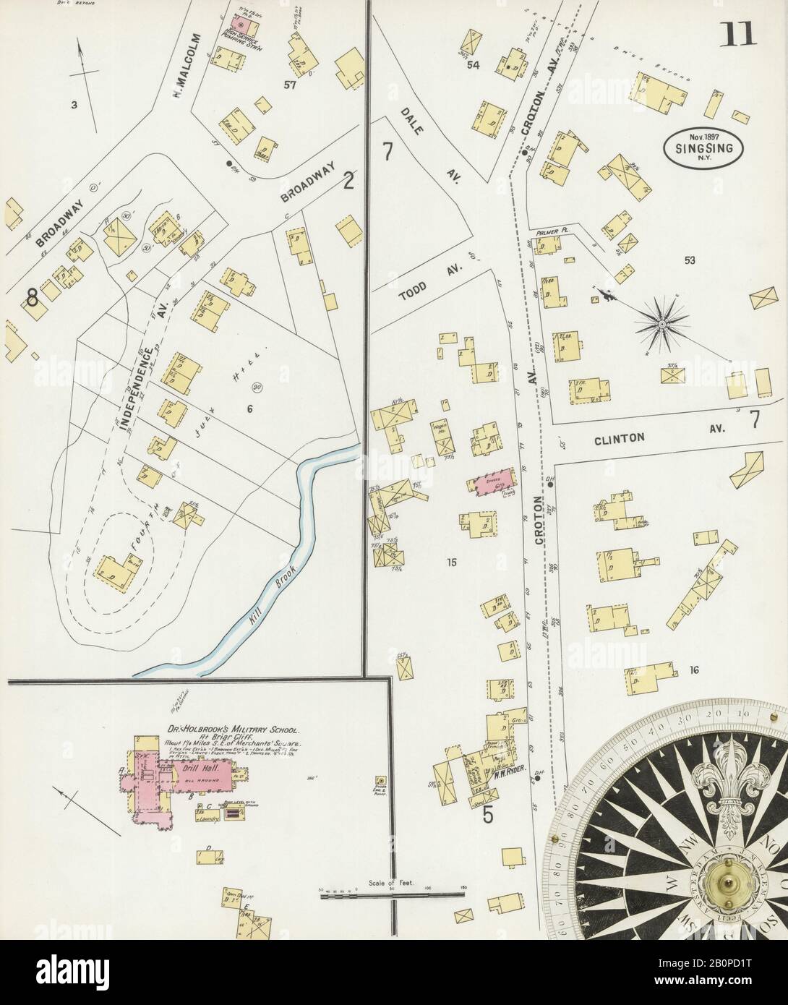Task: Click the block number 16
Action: click(x=693, y=670)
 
